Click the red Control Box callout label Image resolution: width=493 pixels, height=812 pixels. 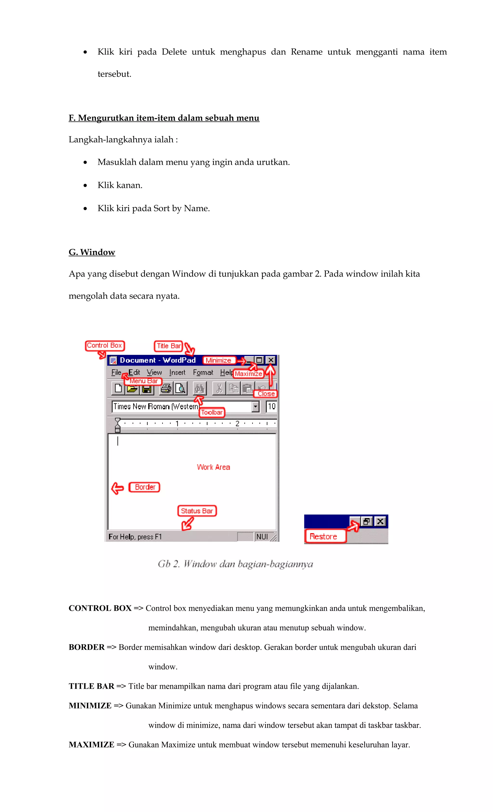104,345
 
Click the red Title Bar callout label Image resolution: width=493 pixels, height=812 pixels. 169,346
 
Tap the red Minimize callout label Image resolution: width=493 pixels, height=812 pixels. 219,360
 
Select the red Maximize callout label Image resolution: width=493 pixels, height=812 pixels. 248,374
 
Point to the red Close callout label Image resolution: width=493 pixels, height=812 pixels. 266,393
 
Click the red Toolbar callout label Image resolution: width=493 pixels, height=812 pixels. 212,412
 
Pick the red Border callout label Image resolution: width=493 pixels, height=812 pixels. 145,487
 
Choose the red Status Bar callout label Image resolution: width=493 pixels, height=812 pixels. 197,511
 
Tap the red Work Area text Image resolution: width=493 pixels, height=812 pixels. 214,467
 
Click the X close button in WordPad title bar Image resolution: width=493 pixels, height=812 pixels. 271,360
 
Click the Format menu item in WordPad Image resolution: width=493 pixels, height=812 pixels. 203,372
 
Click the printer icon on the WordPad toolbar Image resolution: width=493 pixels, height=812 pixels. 166,389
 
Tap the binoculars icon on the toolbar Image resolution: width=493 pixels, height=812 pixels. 199,389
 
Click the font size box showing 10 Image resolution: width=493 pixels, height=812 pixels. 271,406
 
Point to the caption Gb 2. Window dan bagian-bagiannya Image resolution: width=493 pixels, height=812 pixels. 235,564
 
